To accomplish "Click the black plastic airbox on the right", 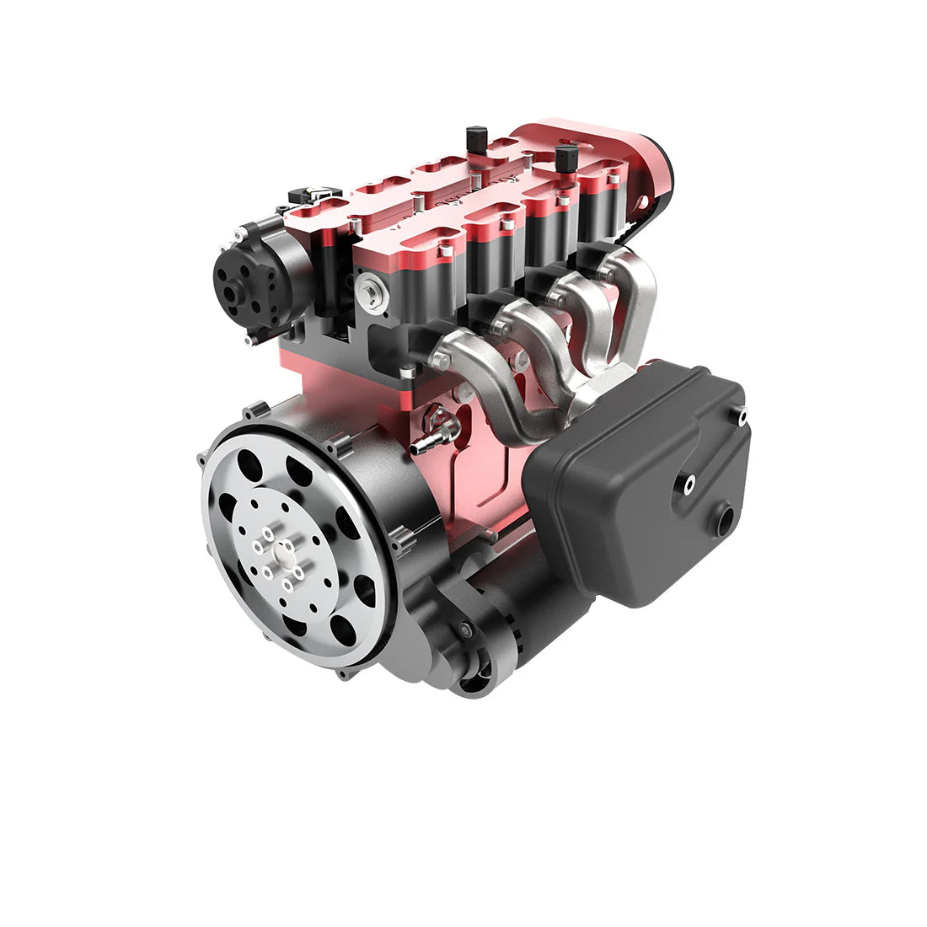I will click(x=640, y=489).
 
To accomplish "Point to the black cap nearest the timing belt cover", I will click(x=567, y=157).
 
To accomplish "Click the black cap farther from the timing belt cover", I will click(x=476, y=137).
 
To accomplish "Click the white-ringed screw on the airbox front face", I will click(x=689, y=482).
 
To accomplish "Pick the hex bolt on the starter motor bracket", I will click(x=464, y=630).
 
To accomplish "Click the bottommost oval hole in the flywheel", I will click(x=343, y=629).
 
